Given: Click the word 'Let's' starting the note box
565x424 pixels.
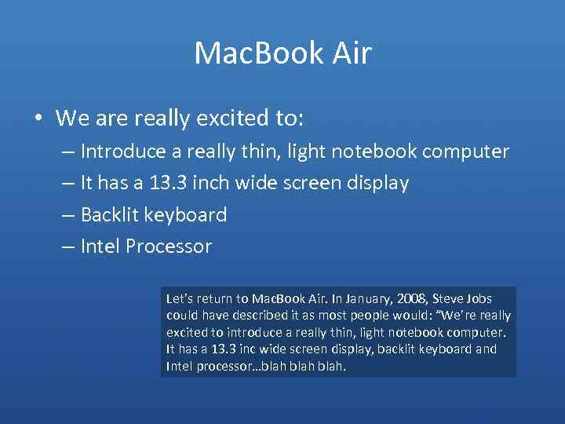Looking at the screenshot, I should click(180, 299).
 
